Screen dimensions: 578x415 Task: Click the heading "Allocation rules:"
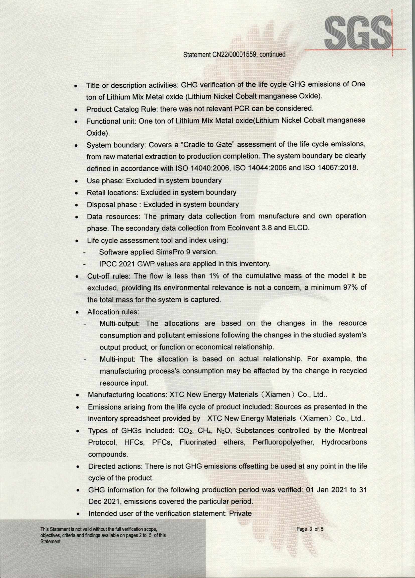[113, 312]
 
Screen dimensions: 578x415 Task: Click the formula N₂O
[224, 431]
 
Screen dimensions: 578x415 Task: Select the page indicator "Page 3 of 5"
[310, 529]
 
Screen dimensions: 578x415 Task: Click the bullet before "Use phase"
[76, 182]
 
